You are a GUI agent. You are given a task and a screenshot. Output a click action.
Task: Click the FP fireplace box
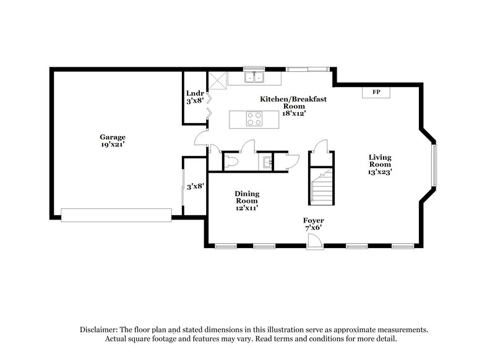pyautogui.click(x=376, y=92)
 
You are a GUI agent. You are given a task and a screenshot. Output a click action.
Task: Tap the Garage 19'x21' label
pyautogui.click(x=113, y=140)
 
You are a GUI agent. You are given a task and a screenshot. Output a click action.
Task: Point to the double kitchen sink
pyautogui.click(x=254, y=78)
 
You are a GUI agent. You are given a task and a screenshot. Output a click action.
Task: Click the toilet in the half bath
pyautogui.click(x=231, y=162)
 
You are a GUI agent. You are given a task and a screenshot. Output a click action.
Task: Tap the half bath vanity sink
pyautogui.click(x=265, y=162)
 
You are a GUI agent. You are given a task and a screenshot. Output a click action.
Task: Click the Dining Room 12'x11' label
pyautogui.click(x=246, y=200)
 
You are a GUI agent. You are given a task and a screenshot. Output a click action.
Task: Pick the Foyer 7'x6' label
pyautogui.click(x=313, y=224)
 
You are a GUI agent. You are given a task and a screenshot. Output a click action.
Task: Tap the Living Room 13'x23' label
pyautogui.click(x=380, y=165)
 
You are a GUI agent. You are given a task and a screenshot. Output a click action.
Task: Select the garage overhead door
pyautogui.click(x=116, y=214)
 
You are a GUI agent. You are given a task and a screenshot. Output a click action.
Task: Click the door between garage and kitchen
pyautogui.click(x=201, y=140)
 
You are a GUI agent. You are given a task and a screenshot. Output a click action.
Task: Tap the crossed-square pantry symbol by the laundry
pyautogui.click(x=217, y=79)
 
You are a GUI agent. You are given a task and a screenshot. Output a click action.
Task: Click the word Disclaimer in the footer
pyautogui.click(x=100, y=330)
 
